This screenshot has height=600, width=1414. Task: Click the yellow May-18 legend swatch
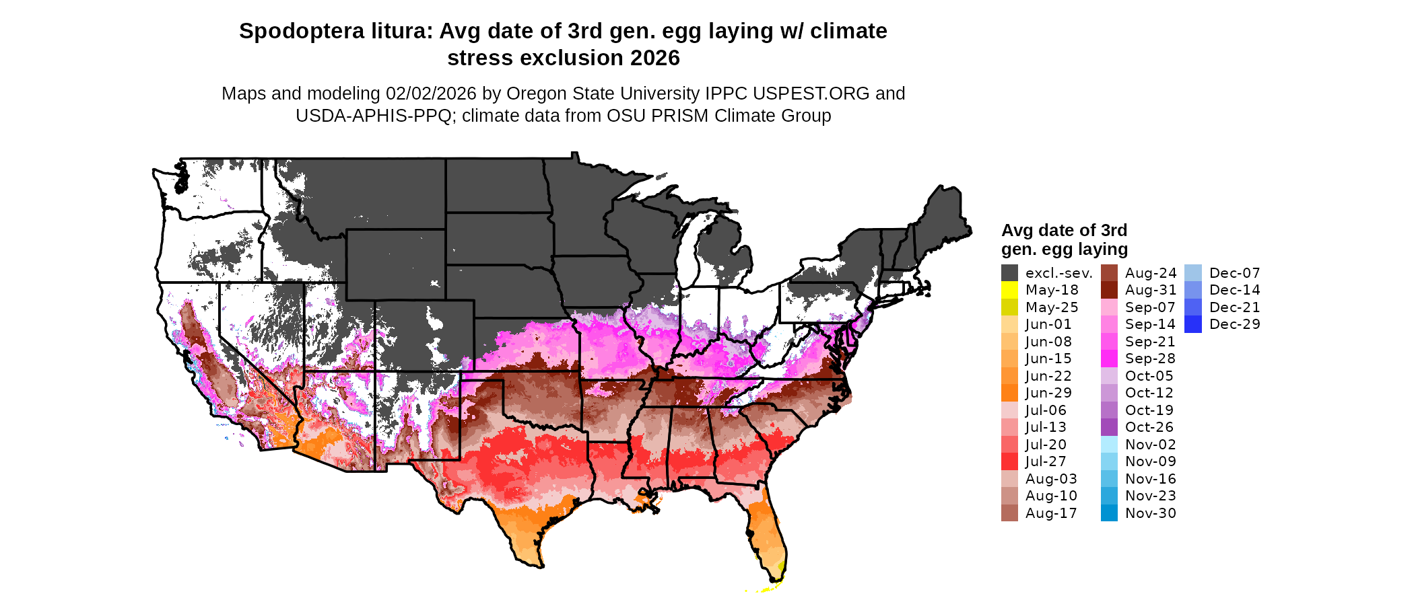(x=1009, y=290)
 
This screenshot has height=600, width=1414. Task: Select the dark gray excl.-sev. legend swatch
(x=1009, y=273)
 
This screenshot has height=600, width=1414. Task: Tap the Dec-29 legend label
(x=1234, y=324)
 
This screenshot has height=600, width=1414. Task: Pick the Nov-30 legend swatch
(x=1109, y=513)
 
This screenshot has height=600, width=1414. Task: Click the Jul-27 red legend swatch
(x=1009, y=461)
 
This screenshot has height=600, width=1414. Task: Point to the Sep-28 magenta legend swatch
(x=1109, y=359)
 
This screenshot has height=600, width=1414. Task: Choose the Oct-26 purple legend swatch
(x=1109, y=427)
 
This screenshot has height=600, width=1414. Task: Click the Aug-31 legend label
(x=1151, y=290)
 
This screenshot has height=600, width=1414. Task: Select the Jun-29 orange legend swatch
(x=1009, y=393)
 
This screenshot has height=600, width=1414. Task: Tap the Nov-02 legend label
(x=1151, y=445)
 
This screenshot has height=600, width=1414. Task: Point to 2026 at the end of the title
(x=655, y=58)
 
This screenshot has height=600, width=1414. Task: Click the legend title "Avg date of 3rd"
(x=1064, y=230)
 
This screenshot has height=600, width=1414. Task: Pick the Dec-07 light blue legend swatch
(x=1192, y=273)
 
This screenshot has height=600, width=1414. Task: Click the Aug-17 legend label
(x=1051, y=513)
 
